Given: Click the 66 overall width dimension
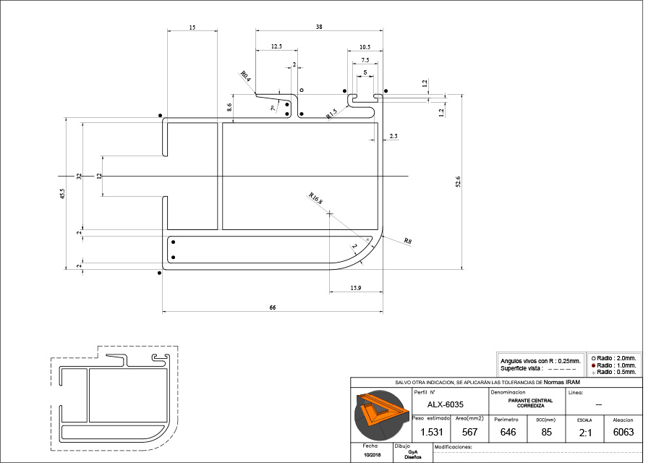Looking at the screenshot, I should pyautogui.click(x=273, y=308).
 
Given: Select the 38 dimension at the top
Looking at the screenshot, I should pyautogui.click(x=319, y=27).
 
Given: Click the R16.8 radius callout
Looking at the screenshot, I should pyautogui.click(x=316, y=200).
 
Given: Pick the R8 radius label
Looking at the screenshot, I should pyautogui.click(x=408, y=241).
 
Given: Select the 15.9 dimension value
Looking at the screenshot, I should pyautogui.click(x=355, y=289).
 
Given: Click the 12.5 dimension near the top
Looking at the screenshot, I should pyautogui.click(x=276, y=46).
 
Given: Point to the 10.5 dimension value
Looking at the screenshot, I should pyautogui.click(x=365, y=46).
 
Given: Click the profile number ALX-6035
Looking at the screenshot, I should pyautogui.click(x=446, y=404).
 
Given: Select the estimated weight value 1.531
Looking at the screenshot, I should pyautogui.click(x=432, y=432).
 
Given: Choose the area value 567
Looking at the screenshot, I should pyautogui.click(x=469, y=432).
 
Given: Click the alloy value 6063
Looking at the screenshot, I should pyautogui.click(x=623, y=432).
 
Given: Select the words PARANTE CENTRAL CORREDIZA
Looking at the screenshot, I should pyautogui.click(x=530, y=403).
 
